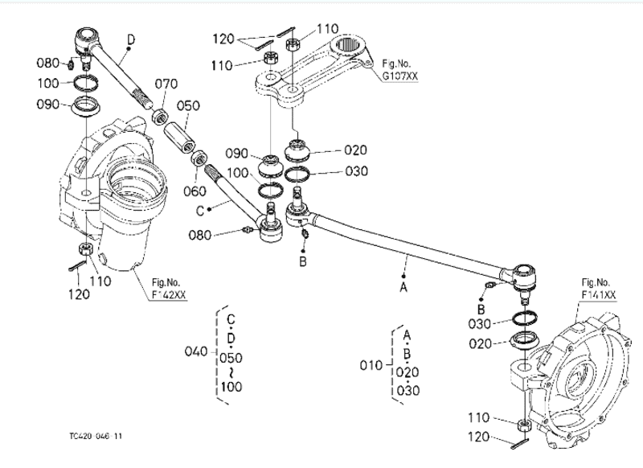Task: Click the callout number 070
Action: (x=166, y=83)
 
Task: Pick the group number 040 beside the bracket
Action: (x=195, y=351)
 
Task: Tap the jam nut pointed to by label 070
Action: (x=160, y=117)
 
